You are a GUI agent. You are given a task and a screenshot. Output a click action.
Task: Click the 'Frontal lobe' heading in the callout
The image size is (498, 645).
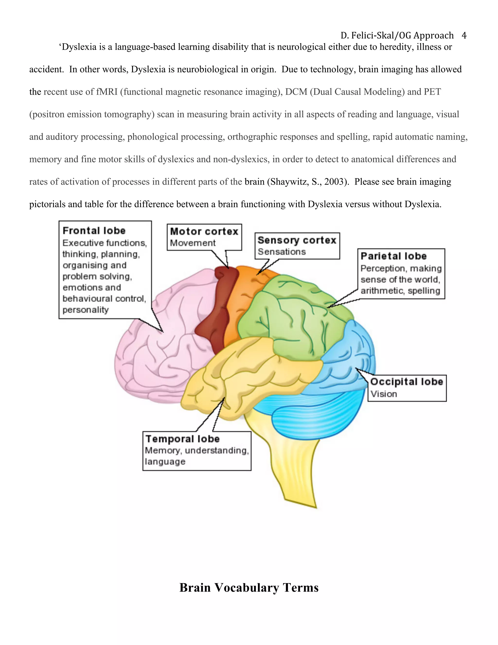[94, 231]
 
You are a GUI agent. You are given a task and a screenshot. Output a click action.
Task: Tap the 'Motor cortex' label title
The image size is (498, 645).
[204, 231]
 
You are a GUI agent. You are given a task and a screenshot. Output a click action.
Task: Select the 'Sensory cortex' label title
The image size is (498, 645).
[297, 240]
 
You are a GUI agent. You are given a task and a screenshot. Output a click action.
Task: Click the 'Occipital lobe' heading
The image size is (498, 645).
[407, 382]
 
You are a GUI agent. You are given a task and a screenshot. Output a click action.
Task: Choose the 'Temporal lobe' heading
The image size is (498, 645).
[183, 439]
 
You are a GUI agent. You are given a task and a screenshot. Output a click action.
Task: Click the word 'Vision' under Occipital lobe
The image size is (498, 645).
[383, 394]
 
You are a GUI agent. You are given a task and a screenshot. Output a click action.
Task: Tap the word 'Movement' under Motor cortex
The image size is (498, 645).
[193, 243]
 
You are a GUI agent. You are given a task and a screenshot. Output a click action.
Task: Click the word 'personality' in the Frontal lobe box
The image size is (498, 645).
[86, 310]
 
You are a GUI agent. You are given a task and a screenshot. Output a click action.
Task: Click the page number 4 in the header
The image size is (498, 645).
[464, 36]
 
